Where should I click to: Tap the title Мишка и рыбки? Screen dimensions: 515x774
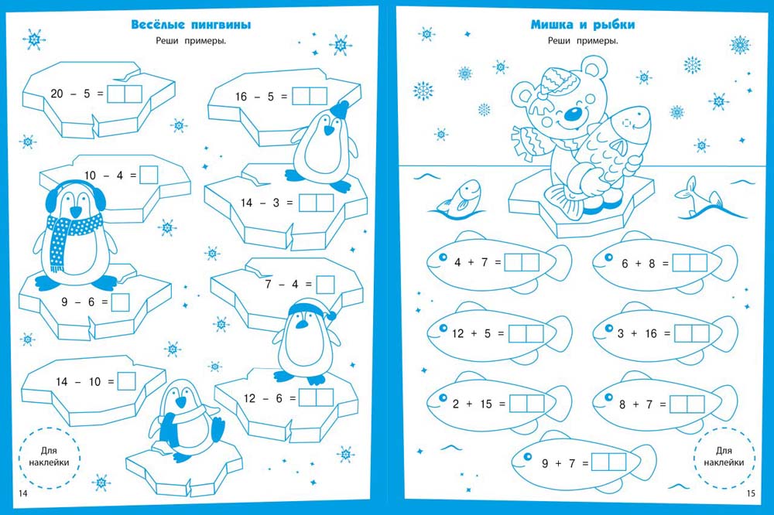click(x=583, y=24)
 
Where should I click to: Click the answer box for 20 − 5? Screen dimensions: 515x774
click(x=125, y=94)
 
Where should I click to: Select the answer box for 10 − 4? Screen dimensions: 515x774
click(x=149, y=176)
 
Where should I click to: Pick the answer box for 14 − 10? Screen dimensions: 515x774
click(x=126, y=380)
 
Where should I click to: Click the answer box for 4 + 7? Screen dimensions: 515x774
click(x=522, y=262)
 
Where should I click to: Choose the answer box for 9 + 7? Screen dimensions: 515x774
click(x=608, y=462)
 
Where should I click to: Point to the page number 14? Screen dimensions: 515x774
click(x=22, y=494)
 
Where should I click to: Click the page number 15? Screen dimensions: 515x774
click(x=750, y=494)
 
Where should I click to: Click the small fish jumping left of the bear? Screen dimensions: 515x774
click(x=459, y=197)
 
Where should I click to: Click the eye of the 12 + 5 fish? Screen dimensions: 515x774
click(x=444, y=328)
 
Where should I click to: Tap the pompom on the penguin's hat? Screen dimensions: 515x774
click(x=333, y=315)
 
